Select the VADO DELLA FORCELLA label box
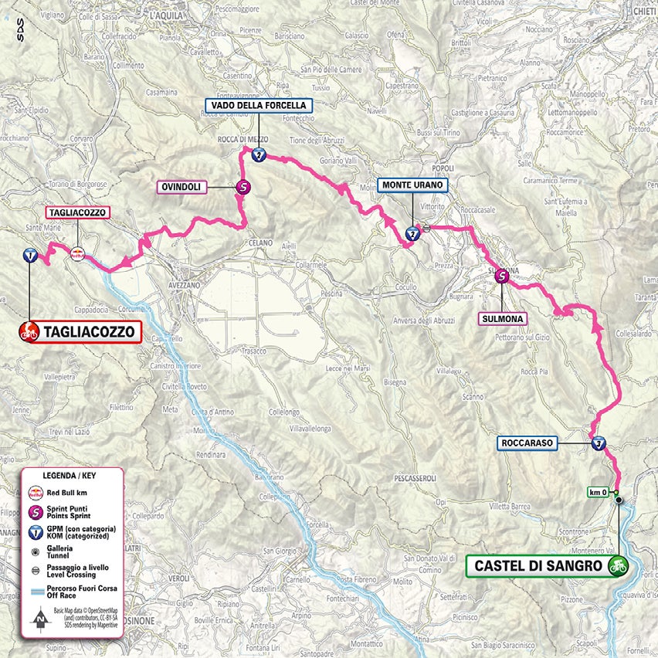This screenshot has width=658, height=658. [259, 105]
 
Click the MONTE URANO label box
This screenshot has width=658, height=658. [412, 185]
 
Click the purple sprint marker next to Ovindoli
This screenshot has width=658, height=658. [243, 186]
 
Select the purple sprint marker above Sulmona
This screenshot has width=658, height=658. [503, 275]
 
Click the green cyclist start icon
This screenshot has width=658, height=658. [616, 565]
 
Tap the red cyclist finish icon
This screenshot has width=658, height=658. [29, 333]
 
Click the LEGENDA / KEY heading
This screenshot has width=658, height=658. [71, 477]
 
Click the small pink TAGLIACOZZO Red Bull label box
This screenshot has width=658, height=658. [76, 212]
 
